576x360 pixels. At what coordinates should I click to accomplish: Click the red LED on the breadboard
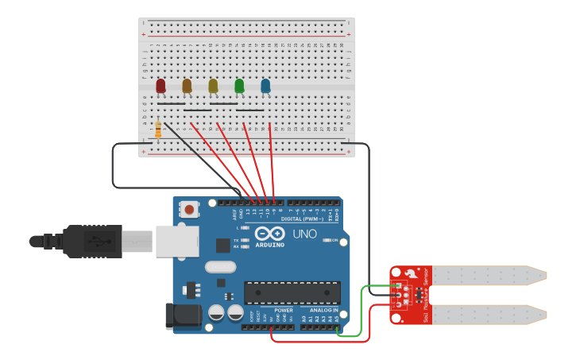[160, 86]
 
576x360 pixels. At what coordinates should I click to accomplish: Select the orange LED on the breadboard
[187, 86]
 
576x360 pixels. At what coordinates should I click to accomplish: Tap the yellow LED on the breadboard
[213, 86]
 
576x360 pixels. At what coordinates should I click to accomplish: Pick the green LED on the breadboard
[239, 86]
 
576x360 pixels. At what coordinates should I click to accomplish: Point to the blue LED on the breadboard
[265, 86]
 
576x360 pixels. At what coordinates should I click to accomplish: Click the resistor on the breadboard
[158, 130]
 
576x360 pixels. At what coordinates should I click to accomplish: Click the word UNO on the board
[305, 234]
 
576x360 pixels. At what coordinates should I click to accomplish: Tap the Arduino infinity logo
[270, 234]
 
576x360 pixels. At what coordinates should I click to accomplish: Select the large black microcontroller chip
[292, 292]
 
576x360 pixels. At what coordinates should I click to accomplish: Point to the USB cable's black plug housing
[92, 241]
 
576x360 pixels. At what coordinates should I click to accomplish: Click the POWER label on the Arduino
[284, 311]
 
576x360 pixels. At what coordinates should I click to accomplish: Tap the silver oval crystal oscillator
[220, 267]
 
